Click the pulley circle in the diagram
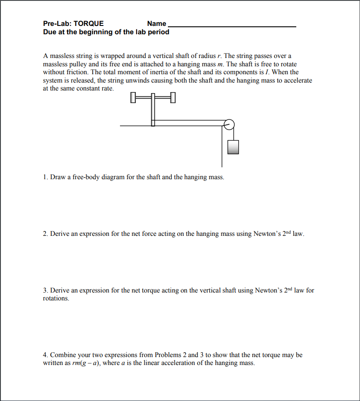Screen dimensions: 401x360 point(229,124)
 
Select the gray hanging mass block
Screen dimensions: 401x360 point(233,147)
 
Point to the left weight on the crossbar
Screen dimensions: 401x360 point(133,98)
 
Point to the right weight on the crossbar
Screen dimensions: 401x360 point(172,98)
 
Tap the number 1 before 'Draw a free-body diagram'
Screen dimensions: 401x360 point(45,177)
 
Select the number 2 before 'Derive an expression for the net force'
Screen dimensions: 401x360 point(45,234)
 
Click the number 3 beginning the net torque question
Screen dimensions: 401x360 point(45,290)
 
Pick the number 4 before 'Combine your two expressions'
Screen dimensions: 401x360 point(45,355)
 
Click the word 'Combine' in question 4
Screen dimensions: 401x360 point(63,355)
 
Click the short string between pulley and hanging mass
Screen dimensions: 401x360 point(233,134)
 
